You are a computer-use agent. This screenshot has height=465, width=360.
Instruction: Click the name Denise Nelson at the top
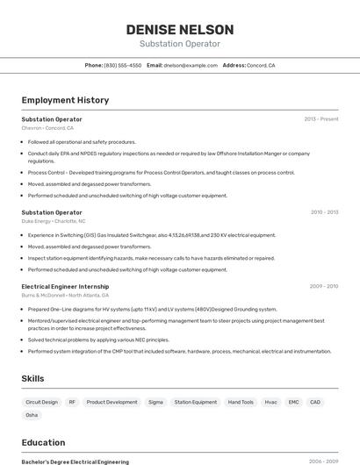[x=180, y=29]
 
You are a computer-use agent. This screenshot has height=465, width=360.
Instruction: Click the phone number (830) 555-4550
[x=122, y=65]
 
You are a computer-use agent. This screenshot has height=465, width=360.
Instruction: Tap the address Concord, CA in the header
[x=261, y=65]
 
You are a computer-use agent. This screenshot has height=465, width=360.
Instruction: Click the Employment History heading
[x=65, y=100]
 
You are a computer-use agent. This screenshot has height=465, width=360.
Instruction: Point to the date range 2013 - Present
[x=320, y=118]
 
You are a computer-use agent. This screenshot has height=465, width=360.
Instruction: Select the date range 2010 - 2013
[x=324, y=212]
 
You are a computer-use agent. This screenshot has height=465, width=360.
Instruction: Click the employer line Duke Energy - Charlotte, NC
[x=54, y=221]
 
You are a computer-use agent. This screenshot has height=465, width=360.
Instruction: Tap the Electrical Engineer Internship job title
[x=65, y=286]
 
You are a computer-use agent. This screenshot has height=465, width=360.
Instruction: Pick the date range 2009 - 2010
[x=324, y=286]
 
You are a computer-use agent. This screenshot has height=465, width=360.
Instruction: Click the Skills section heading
[x=33, y=378]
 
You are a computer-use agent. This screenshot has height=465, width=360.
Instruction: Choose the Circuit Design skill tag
[x=42, y=402]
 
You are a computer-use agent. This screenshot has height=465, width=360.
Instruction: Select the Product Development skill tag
[x=112, y=402]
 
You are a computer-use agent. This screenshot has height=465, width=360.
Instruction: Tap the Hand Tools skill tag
[x=241, y=402]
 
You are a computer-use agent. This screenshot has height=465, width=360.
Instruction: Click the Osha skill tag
[x=32, y=415]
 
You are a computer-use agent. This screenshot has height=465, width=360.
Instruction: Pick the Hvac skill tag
[x=270, y=402]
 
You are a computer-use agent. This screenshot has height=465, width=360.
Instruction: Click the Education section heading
[x=43, y=442]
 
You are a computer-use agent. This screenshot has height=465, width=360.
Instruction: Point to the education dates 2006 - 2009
[x=323, y=461]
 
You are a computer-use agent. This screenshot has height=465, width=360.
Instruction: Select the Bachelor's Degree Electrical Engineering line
[x=75, y=461]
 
